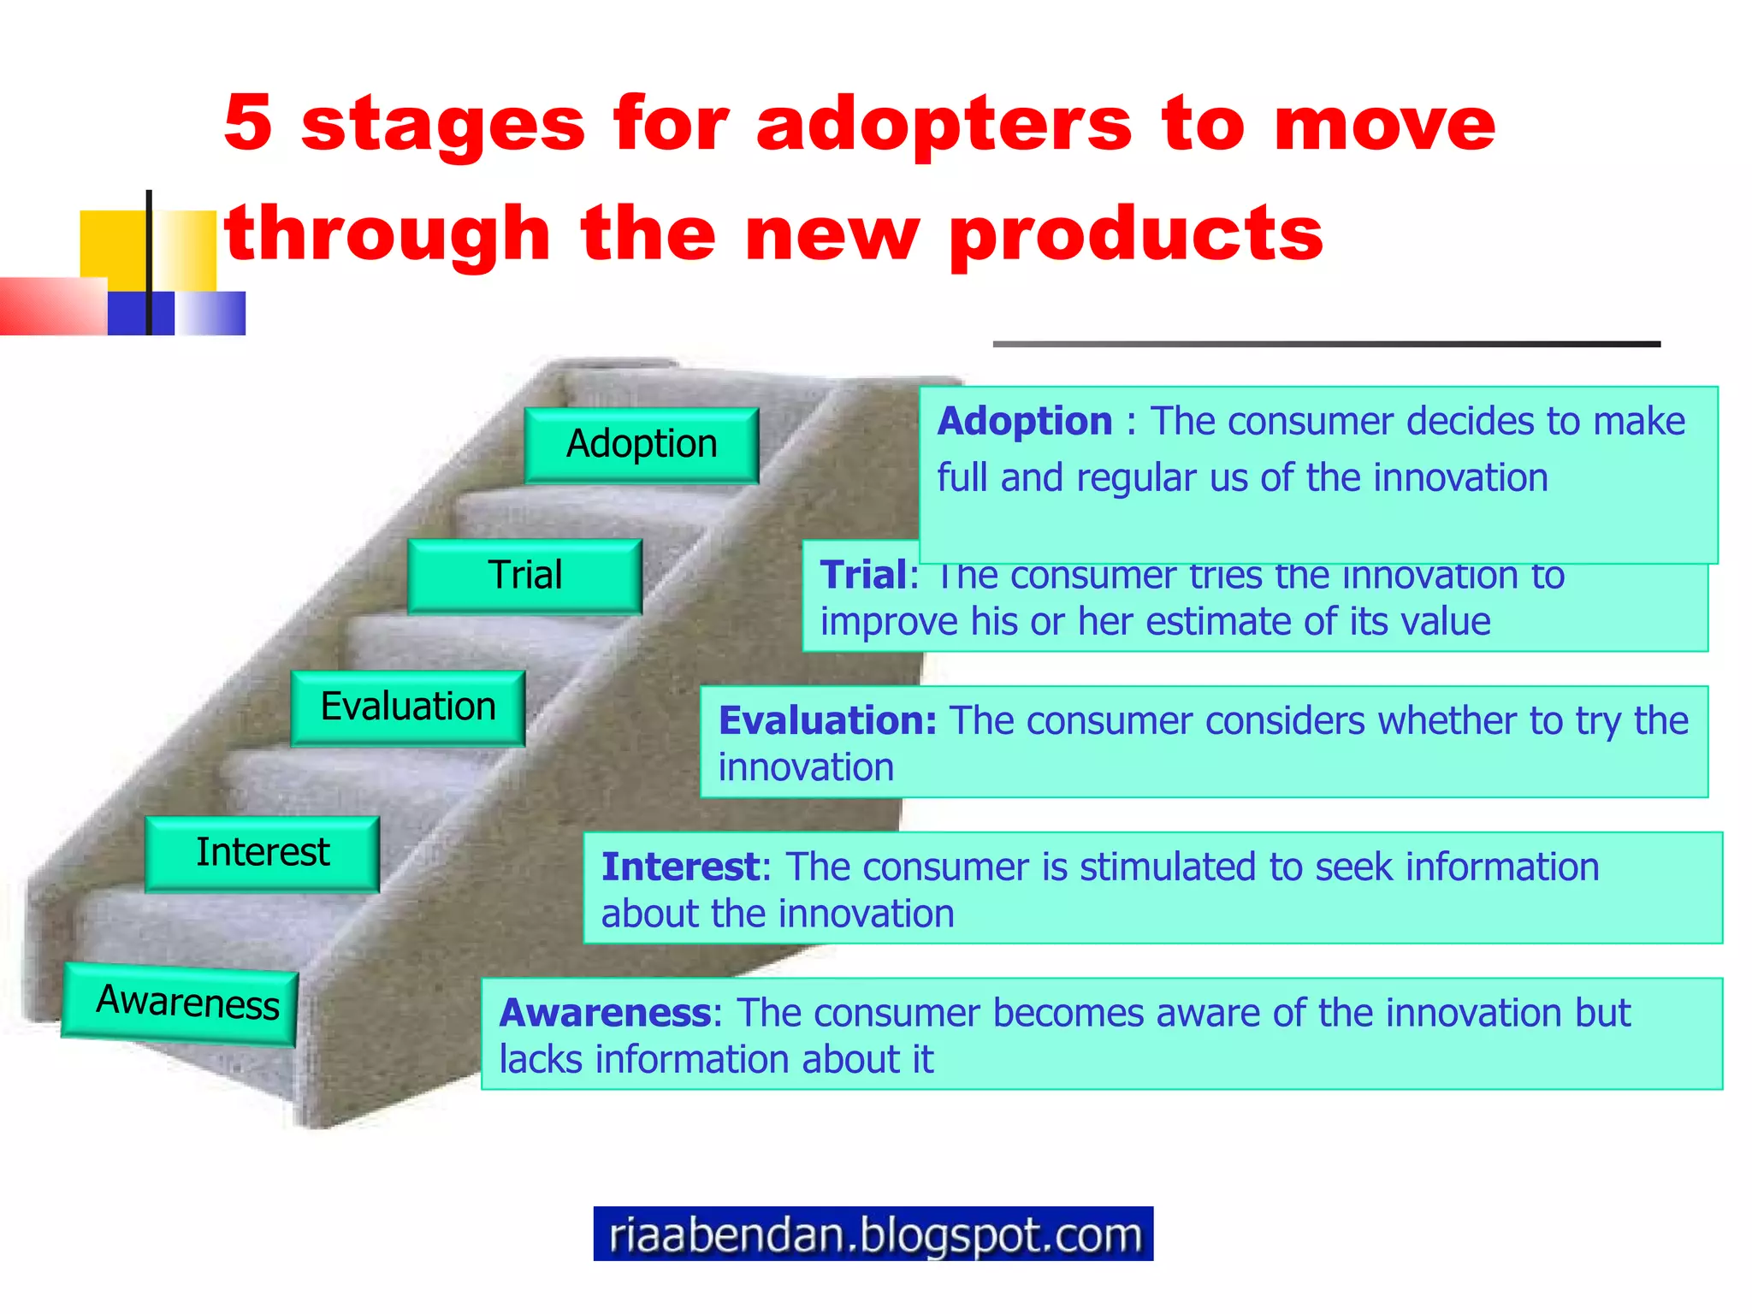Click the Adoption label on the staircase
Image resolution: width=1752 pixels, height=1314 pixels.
642,445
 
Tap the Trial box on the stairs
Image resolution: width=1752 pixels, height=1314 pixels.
524,576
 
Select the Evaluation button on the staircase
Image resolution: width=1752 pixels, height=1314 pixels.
408,707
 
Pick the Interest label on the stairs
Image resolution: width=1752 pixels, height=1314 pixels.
263,853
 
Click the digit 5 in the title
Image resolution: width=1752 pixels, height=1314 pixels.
248,124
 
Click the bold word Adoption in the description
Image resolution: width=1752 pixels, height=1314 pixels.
1025,422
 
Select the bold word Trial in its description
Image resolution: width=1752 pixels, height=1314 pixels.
862,575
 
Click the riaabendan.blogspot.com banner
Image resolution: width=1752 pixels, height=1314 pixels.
873,1234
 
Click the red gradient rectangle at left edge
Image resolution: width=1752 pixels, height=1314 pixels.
51,306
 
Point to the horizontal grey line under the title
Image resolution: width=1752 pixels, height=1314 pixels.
1326,344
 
